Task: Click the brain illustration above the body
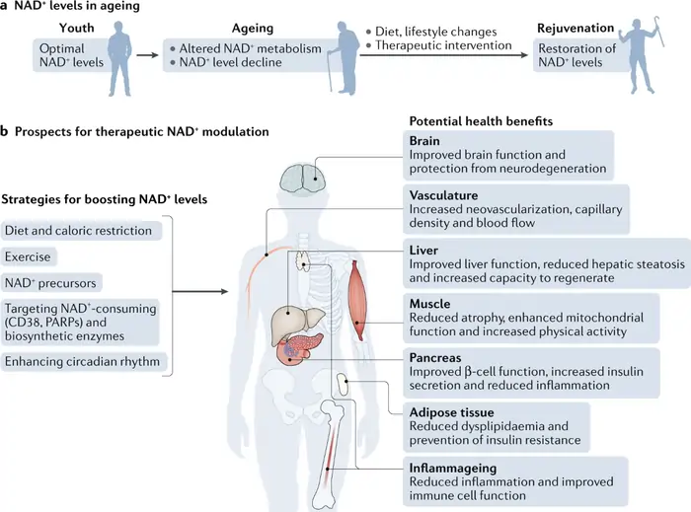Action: [x=304, y=177]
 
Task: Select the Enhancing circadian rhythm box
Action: [x=82, y=362]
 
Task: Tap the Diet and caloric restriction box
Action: [x=82, y=231]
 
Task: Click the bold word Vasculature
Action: [x=446, y=195]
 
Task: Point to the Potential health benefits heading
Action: [x=481, y=120]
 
